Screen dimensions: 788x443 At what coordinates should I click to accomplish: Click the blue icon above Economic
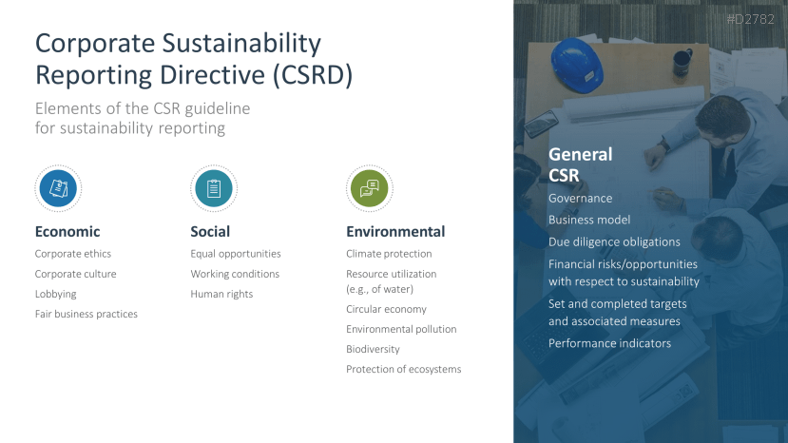[58, 188]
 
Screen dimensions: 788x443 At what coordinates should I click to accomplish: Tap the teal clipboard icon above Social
[214, 188]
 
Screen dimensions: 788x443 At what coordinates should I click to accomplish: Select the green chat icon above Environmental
[370, 188]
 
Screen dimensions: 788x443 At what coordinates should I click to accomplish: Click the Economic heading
[67, 231]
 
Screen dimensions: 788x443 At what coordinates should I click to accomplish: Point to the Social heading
[210, 231]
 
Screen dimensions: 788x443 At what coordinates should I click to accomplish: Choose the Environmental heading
[395, 231]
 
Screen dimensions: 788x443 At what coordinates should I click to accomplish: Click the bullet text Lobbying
[56, 294]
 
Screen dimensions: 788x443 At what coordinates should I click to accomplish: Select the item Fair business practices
[86, 315]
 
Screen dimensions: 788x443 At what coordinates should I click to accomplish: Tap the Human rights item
[221, 294]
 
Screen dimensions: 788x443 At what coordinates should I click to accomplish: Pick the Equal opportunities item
[236, 254]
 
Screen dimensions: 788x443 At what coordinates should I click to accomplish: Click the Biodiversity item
[373, 349]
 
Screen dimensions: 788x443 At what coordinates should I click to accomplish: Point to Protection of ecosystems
[404, 369]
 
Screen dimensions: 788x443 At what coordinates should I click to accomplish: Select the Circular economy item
[387, 309]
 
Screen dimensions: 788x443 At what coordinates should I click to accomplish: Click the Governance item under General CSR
[581, 199]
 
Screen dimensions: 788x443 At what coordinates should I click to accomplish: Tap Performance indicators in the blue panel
[609, 343]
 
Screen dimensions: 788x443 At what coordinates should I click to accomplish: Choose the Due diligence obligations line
[614, 241]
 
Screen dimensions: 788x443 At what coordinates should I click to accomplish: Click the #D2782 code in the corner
[750, 19]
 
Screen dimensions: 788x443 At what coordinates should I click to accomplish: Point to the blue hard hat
[577, 66]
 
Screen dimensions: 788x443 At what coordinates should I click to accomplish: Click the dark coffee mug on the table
[682, 64]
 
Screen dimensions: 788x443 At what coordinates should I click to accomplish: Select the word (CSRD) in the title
[313, 75]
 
